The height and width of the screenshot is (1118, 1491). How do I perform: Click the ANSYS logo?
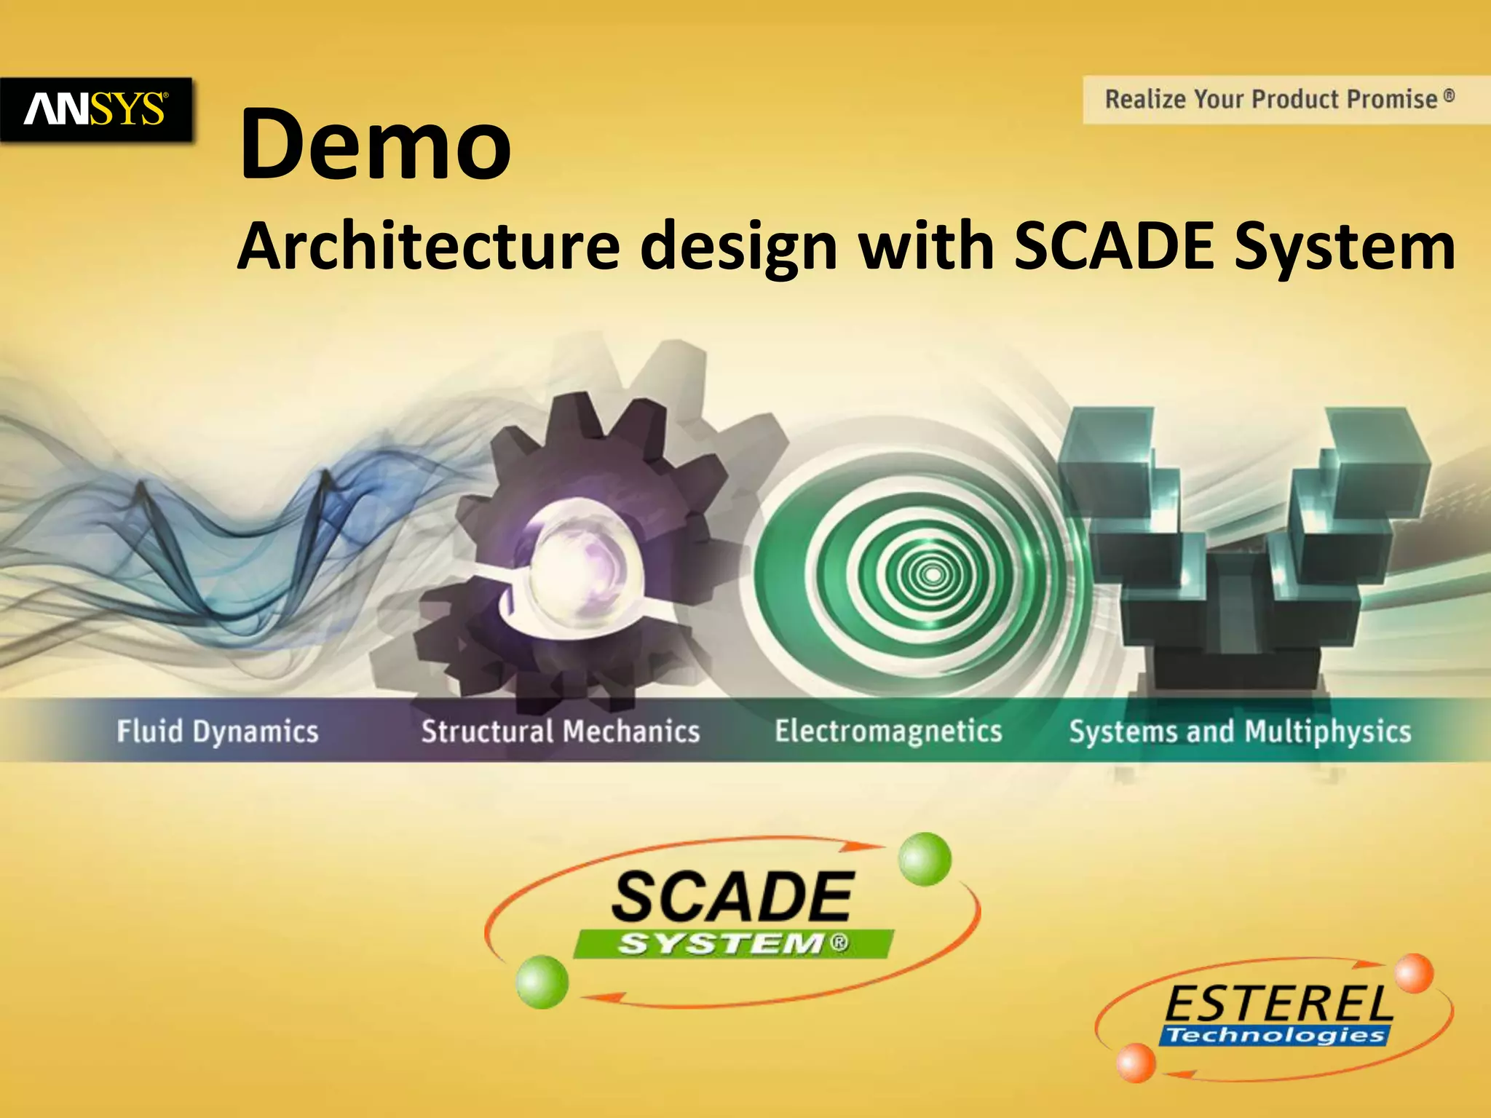[x=95, y=109]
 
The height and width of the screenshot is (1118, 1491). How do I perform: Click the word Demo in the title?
[x=376, y=144]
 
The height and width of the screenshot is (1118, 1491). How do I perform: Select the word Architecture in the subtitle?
[x=429, y=246]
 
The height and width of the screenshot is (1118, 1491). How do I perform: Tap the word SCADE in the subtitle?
[x=1114, y=246]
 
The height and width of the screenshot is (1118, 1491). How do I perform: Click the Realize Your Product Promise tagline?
[x=1279, y=99]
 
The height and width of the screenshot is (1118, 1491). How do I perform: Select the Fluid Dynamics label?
[x=218, y=731]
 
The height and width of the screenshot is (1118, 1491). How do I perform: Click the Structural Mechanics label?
[x=561, y=731]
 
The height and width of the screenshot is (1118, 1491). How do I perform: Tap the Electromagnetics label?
[x=888, y=731]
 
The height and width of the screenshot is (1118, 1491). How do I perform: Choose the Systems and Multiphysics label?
[x=1240, y=731]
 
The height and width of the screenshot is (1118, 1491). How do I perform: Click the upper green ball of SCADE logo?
[x=925, y=860]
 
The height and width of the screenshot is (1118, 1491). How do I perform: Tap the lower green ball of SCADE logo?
[x=542, y=982]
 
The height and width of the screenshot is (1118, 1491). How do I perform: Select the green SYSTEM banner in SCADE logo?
[x=733, y=943]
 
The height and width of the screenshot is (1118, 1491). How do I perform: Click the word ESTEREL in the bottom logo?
[x=1278, y=1004]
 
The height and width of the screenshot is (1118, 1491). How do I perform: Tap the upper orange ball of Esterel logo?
[x=1414, y=974]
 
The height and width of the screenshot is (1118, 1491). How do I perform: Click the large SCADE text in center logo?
[x=732, y=897]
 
